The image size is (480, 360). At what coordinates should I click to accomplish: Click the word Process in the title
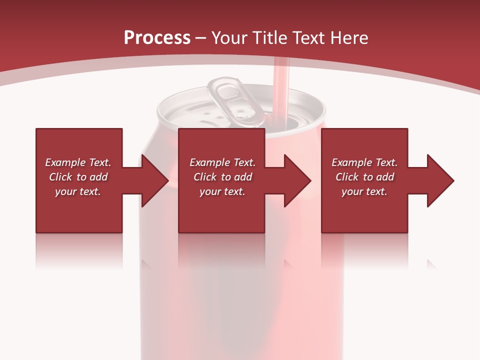point(157,38)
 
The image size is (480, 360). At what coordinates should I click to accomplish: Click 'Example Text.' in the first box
point(78,162)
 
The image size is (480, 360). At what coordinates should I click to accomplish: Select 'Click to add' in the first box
point(78,177)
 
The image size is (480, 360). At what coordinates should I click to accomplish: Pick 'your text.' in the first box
point(78,191)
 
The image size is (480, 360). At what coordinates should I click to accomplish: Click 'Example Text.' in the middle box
point(222,162)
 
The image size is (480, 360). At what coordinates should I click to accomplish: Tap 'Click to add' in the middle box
point(222,177)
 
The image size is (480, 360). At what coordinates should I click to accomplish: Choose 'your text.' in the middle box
point(222,191)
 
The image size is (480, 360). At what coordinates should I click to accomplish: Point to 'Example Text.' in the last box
point(364,162)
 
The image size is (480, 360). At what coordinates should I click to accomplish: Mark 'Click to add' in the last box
point(364,177)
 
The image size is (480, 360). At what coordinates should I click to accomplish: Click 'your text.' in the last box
point(364,191)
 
